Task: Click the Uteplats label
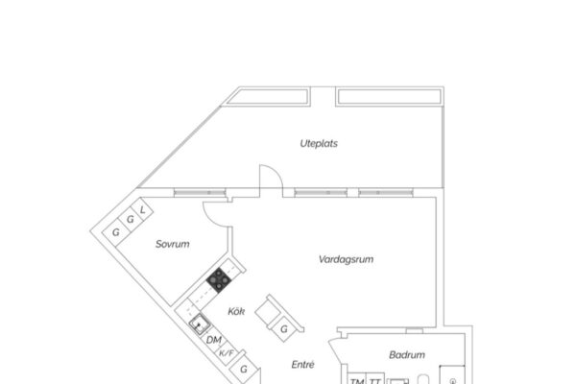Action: click(319, 143)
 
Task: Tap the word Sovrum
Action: click(172, 244)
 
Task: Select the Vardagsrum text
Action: click(346, 259)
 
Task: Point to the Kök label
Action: click(236, 311)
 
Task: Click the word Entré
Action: click(302, 365)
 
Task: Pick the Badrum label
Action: click(407, 355)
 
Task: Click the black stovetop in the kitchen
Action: click(219, 280)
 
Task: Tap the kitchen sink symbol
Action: click(200, 324)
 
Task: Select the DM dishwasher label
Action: click(214, 340)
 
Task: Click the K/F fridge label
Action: click(227, 353)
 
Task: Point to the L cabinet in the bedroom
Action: click(142, 210)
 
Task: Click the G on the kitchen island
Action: click(284, 329)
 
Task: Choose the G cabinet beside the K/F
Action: click(244, 369)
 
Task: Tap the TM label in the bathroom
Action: click(357, 381)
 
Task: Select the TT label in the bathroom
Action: click(374, 381)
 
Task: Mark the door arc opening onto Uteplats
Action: click(276, 171)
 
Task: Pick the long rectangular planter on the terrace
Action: click(390, 97)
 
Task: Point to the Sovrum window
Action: click(200, 193)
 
